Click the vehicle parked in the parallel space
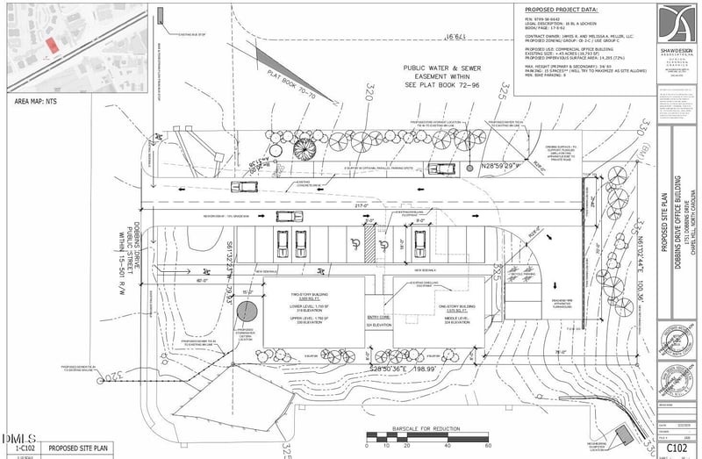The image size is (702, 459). [x=243, y=186]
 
